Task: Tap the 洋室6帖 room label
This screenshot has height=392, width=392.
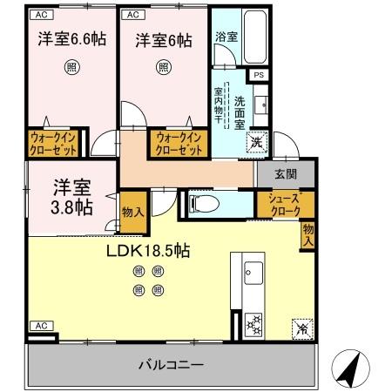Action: tap(163, 40)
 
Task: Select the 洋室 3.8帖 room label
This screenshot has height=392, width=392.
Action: tap(69, 197)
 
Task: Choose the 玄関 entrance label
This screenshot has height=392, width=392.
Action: tap(285, 173)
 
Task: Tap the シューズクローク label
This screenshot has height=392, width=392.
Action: tap(284, 204)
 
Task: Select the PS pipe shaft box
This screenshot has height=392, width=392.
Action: tap(258, 76)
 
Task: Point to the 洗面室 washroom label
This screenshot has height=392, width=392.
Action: tap(240, 111)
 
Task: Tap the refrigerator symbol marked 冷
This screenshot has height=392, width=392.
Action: tap(301, 328)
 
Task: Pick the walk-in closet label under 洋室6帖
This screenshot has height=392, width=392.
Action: tap(179, 144)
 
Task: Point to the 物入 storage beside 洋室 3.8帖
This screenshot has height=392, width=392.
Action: tap(132, 213)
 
